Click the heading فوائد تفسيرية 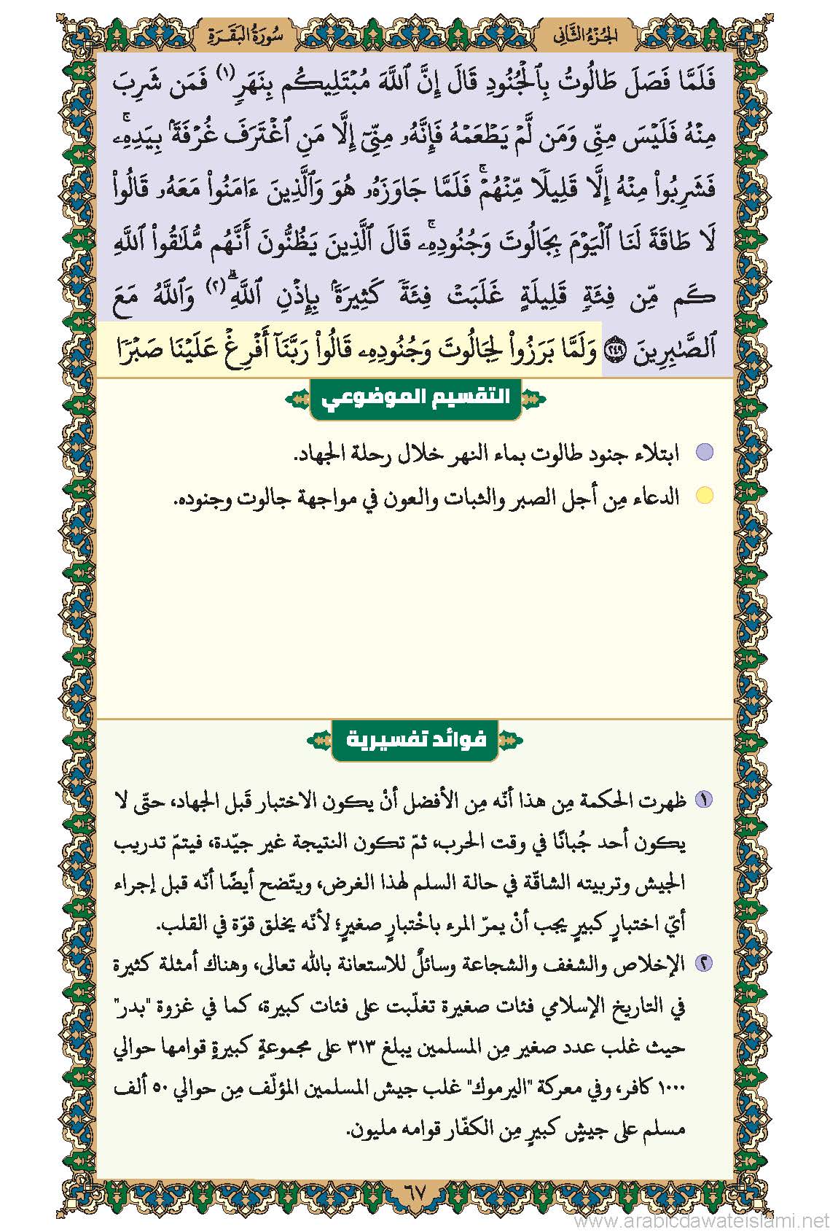(x=415, y=740)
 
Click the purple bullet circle (x=704, y=453)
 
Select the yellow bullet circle (x=704, y=496)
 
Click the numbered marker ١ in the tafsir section (x=704, y=800)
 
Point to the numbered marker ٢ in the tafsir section (x=704, y=964)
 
